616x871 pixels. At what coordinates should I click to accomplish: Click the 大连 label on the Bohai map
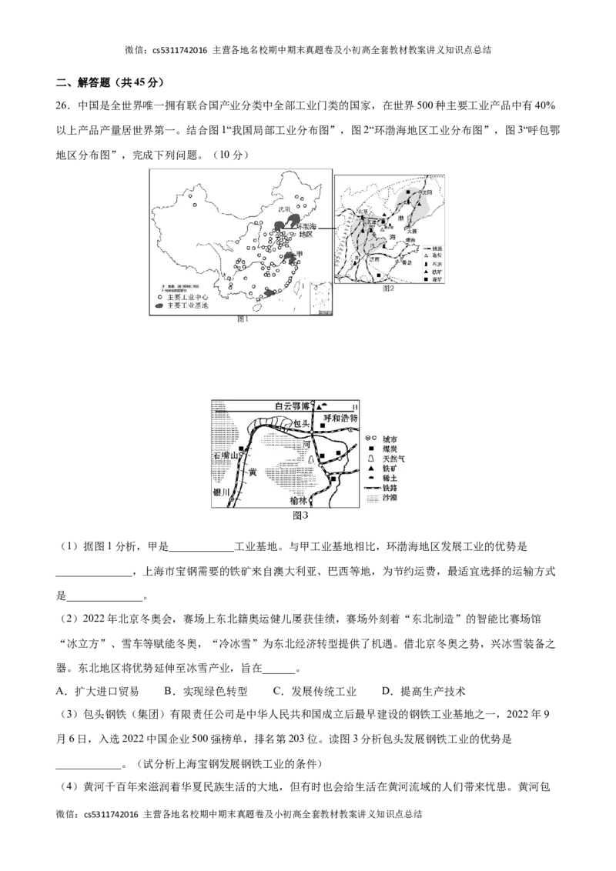(x=413, y=231)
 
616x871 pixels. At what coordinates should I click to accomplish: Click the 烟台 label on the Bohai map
(x=410, y=241)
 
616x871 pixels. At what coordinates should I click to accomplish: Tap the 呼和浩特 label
(x=341, y=419)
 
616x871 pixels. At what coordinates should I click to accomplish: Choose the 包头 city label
(x=301, y=424)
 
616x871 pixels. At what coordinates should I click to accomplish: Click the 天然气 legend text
(x=393, y=459)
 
